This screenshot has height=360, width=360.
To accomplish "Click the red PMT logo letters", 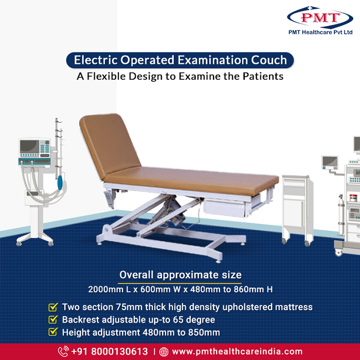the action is coord(320,17).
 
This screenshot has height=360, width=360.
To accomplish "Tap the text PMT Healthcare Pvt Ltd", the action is coord(320,32).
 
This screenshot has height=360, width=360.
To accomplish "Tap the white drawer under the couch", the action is coord(225,208).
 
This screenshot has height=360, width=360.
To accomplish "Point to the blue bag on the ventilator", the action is coord(60,183).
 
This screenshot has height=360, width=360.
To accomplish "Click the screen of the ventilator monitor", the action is coord(29,147).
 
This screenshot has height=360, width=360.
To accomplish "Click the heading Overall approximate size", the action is coord(180,275).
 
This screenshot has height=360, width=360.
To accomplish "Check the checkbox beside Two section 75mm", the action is coord(53,307).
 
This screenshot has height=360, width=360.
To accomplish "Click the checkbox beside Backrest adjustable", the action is coord(53,319).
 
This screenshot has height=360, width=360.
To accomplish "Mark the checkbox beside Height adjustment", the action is coord(53,332).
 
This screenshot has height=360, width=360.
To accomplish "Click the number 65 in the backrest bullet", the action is coord(178,320).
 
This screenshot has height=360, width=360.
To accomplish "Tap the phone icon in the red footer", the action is coord(63,351).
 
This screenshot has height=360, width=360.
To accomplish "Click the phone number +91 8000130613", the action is coord(110,351).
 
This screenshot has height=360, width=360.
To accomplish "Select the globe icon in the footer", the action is coord(164,352).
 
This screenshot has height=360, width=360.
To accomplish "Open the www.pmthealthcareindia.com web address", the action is coord(237,351).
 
